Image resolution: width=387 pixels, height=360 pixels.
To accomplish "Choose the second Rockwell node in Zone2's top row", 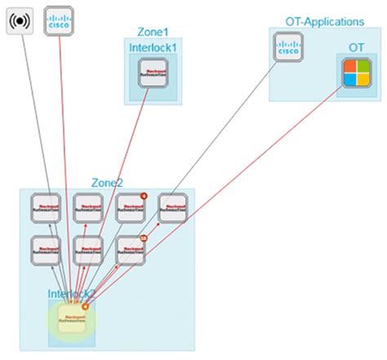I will pos(88,208).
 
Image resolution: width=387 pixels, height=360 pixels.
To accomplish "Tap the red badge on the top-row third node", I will pos(144,196).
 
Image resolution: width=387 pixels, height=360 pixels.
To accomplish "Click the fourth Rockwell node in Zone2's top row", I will pos(172,208).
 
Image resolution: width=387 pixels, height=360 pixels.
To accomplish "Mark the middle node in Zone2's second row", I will pos(88,249).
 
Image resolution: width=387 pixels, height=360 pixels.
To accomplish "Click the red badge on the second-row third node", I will pos(144,237).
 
